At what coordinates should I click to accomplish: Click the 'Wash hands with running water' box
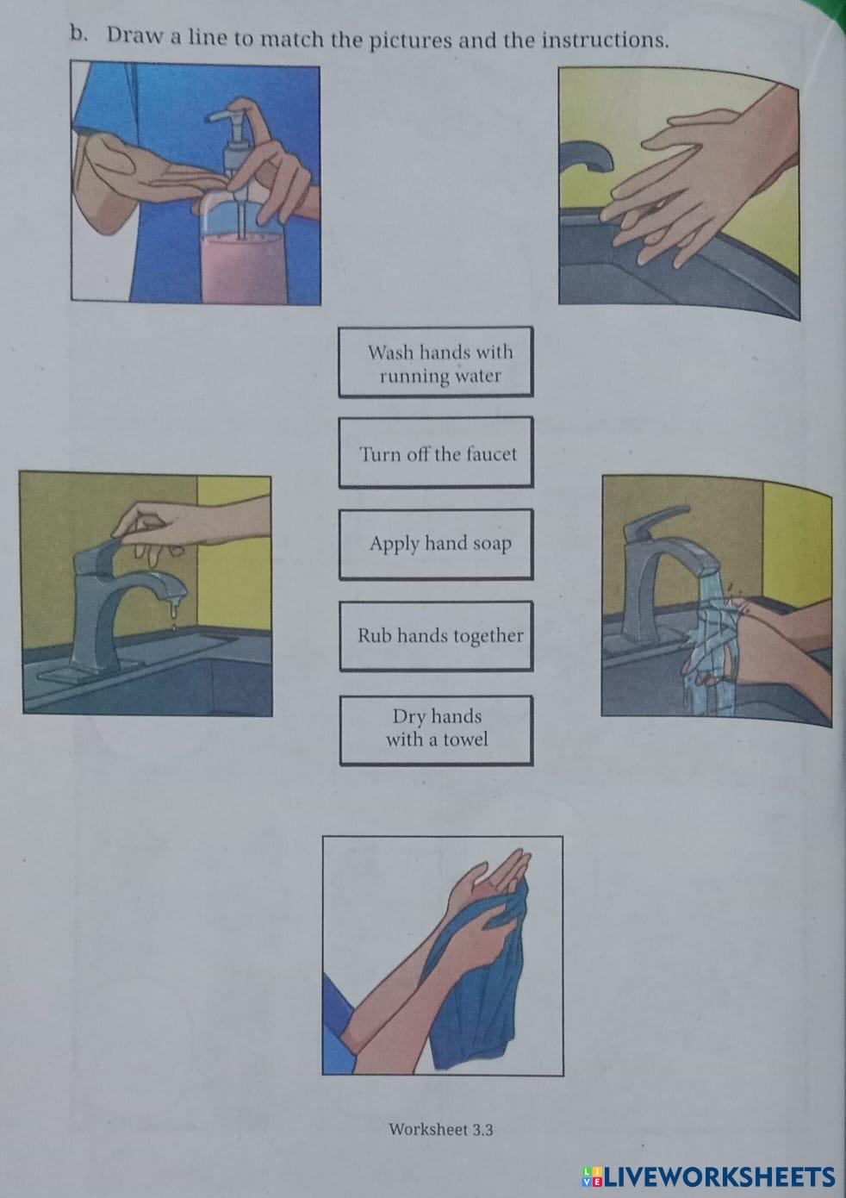(x=436, y=362)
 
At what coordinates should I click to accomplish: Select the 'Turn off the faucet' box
(x=436, y=452)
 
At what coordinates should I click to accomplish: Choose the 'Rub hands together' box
(x=437, y=636)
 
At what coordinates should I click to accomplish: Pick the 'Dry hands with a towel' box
(x=437, y=730)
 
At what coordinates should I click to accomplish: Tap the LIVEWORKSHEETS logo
(x=708, y=1177)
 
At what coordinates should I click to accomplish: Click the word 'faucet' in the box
(x=491, y=454)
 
